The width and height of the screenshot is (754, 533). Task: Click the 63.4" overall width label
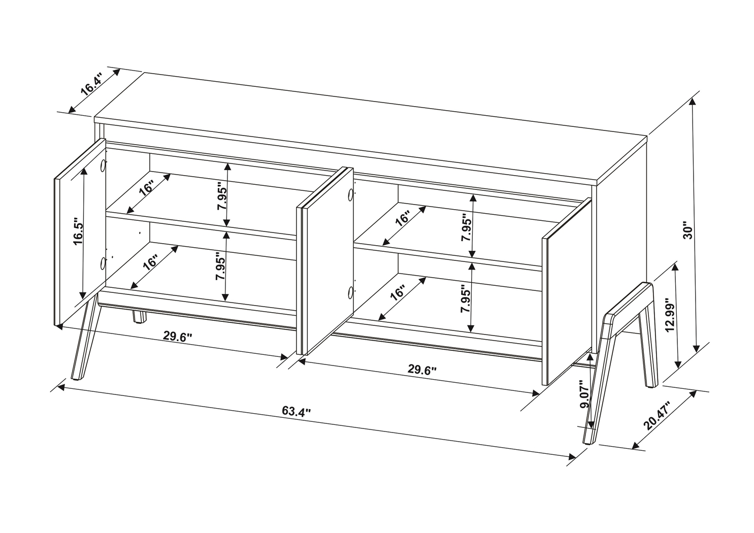click(x=296, y=411)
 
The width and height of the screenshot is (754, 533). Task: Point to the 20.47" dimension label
click(x=657, y=416)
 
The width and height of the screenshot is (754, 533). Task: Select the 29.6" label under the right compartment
click(x=422, y=370)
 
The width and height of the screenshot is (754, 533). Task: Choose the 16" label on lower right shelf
click(x=398, y=293)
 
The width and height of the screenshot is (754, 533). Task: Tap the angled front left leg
click(x=84, y=340)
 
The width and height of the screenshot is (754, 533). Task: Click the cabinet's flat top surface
click(x=371, y=129)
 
